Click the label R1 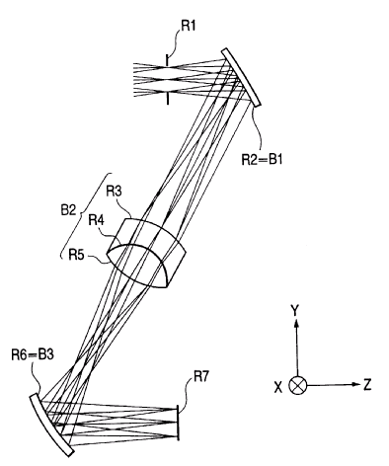[x=188, y=26]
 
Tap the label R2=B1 [x=262, y=159]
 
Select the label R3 [x=114, y=192]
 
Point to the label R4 [x=96, y=220]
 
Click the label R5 [x=76, y=254]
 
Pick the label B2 [x=68, y=211]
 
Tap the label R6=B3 [x=33, y=355]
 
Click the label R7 [x=201, y=377]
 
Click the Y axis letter [x=295, y=310]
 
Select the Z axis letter [x=367, y=385]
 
